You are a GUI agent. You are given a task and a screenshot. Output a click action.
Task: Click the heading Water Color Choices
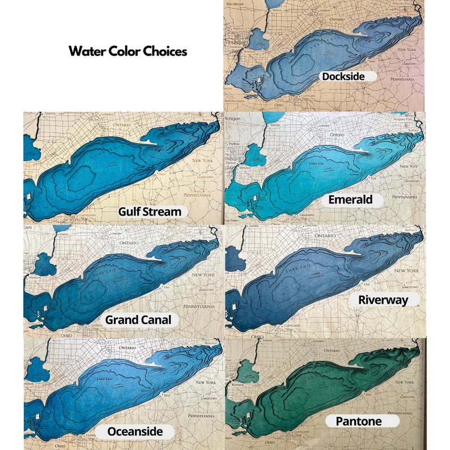[x=128, y=51]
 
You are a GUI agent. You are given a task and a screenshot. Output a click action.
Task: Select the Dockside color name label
[x=342, y=76]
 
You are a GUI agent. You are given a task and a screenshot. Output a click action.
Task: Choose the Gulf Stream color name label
[x=150, y=212]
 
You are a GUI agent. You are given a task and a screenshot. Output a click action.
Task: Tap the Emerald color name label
[x=350, y=199]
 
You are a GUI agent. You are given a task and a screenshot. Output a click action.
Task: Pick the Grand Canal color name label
[x=138, y=320]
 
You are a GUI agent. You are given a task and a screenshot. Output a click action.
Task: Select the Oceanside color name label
[x=136, y=432]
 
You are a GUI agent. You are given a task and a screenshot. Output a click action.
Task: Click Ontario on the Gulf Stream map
[x=122, y=124]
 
